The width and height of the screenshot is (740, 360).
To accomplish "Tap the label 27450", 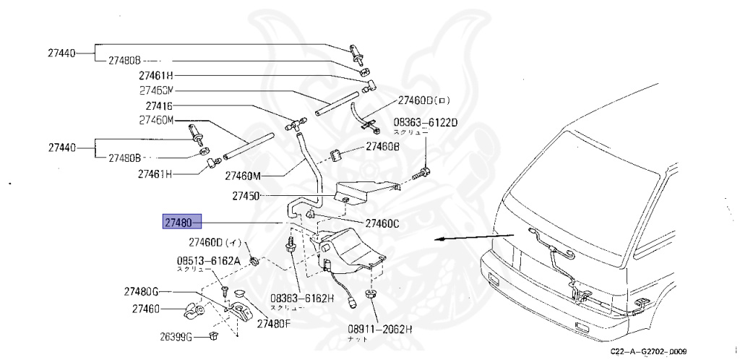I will coord(246,195).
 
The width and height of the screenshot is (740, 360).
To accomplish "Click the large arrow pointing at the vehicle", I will coord(470,238).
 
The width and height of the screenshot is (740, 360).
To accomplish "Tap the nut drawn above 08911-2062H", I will coord(371,294).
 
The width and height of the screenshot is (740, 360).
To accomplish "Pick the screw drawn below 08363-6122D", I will coord(421,173).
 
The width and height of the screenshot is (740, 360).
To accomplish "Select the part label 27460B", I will coord(382,146).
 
